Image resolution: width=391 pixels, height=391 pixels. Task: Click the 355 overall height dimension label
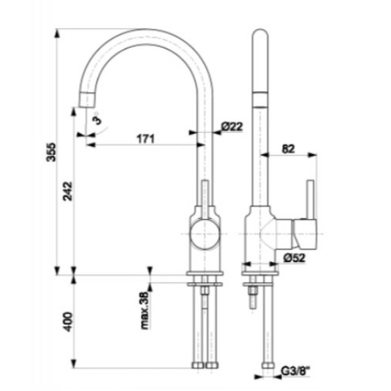coord(52,152)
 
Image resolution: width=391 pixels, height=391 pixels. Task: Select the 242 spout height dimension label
coord(67,191)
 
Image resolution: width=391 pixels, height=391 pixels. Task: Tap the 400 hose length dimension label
coord(67,322)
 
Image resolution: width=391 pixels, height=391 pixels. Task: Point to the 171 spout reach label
coord(146,139)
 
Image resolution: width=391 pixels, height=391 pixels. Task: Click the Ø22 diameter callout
coord(232,127)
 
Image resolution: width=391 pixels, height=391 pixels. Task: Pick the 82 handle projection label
coord(288,149)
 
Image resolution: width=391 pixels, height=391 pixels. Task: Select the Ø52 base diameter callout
coord(294,258)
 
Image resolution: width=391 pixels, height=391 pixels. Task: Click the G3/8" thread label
coord(296,371)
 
